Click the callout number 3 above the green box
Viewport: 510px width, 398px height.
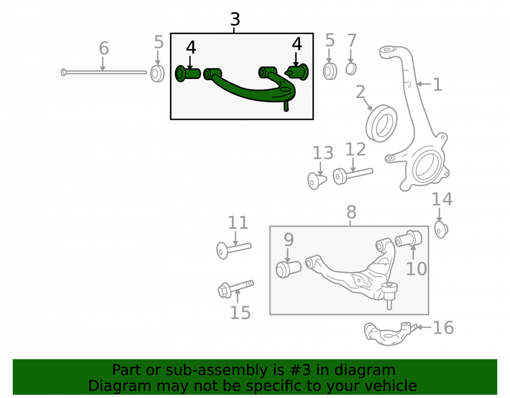(x=235, y=19)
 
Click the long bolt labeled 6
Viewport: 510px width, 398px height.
(x=104, y=72)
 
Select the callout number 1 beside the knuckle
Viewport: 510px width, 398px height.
(x=438, y=85)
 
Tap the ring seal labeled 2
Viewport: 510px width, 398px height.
(x=381, y=123)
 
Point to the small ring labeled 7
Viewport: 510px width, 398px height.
(x=351, y=69)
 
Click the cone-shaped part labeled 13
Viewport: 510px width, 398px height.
(x=317, y=180)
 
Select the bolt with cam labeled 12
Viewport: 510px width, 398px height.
(x=352, y=175)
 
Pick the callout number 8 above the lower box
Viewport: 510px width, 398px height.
(x=351, y=213)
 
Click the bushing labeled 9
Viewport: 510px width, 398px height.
(x=288, y=269)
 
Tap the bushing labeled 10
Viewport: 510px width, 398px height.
(x=409, y=239)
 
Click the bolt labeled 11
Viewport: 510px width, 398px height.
(x=234, y=250)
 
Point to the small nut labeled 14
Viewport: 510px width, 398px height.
(x=441, y=230)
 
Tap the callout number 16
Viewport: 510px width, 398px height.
(x=443, y=328)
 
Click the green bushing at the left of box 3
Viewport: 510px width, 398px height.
(x=188, y=73)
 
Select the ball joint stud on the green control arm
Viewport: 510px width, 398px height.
(x=286, y=106)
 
